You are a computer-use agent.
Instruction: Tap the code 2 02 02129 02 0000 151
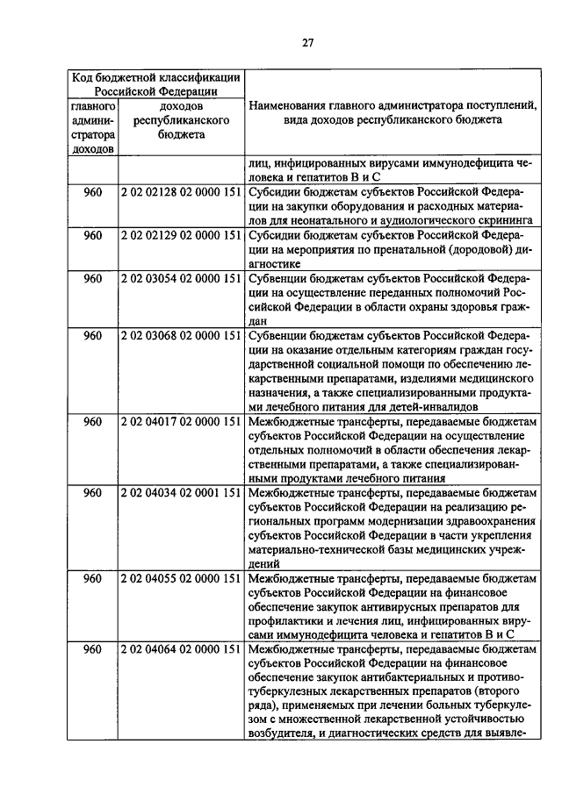(x=180, y=235)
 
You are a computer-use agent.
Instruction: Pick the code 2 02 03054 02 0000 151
(x=180, y=278)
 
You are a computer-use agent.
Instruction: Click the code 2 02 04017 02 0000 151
(x=180, y=421)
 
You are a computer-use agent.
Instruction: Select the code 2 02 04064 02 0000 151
(x=180, y=649)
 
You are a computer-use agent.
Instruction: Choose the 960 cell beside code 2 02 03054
(x=93, y=278)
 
